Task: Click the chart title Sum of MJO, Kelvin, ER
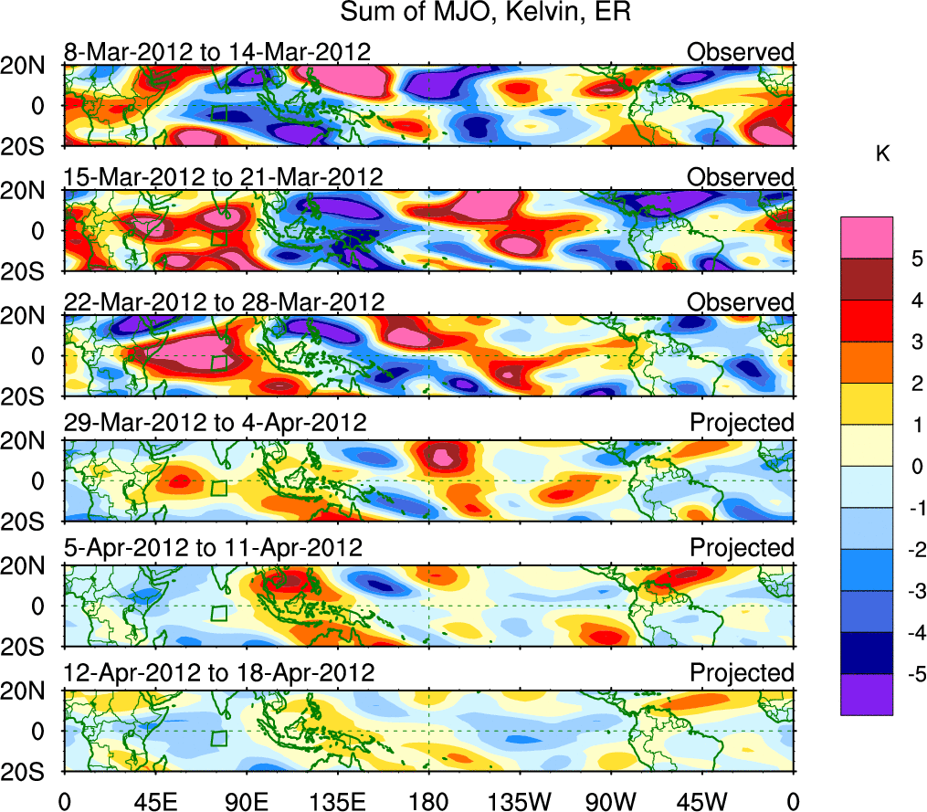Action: (x=487, y=13)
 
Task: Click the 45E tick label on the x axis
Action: (x=154, y=801)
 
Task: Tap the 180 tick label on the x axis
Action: (x=428, y=801)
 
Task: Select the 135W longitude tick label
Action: (x=520, y=801)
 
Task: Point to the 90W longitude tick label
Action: (x=611, y=801)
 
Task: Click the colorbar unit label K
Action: (x=882, y=154)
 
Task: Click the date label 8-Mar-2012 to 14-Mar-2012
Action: (x=217, y=52)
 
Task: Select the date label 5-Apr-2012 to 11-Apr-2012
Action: (x=214, y=548)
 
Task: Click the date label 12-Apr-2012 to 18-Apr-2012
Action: (x=219, y=673)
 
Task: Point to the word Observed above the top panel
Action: (x=741, y=52)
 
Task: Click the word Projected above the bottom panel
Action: (x=742, y=673)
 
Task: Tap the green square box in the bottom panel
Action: (x=218, y=738)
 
